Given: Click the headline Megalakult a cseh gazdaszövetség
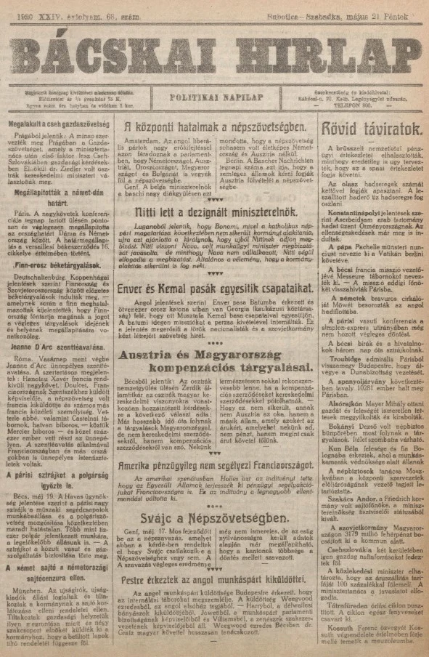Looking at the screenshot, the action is tap(54, 124).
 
